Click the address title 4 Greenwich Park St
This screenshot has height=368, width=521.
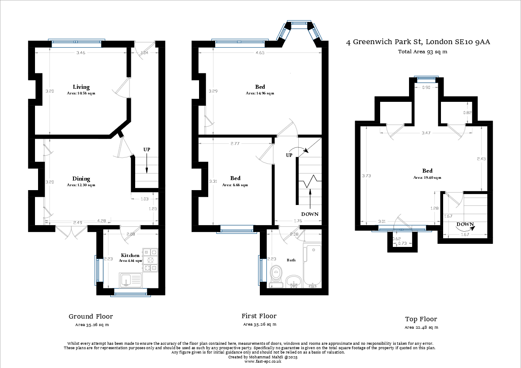point(418,42)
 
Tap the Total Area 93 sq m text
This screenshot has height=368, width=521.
point(422,52)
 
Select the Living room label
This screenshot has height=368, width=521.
point(80,87)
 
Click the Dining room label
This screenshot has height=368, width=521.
point(81,179)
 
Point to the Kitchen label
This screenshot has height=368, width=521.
point(130,255)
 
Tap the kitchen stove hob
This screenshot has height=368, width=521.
point(150,260)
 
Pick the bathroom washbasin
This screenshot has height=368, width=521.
point(293,282)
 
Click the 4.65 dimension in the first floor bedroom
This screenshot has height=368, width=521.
point(260,53)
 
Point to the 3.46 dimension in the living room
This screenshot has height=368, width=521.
point(80,53)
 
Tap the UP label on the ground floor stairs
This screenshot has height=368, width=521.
point(147,150)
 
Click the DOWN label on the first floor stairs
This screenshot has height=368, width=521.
point(309,214)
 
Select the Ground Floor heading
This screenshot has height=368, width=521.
point(91,316)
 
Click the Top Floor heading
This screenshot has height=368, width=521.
point(420,319)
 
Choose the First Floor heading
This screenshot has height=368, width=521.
point(259,316)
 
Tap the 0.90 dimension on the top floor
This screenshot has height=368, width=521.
point(426,88)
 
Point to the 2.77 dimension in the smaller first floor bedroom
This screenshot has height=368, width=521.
point(235,143)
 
